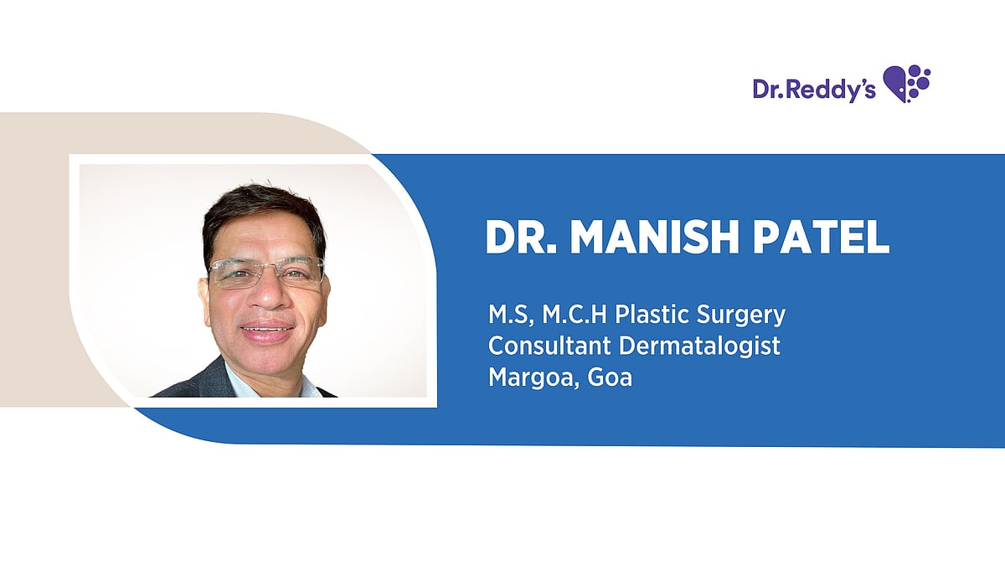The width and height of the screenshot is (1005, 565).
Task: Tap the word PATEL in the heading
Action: (821, 238)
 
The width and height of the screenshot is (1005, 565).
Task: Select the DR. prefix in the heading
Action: (523, 238)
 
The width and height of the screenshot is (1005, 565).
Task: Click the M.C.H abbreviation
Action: (575, 316)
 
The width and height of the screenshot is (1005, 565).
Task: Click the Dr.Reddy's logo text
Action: (813, 90)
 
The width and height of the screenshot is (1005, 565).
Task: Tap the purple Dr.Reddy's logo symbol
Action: (907, 84)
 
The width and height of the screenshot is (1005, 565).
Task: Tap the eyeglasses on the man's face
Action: (266, 272)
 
